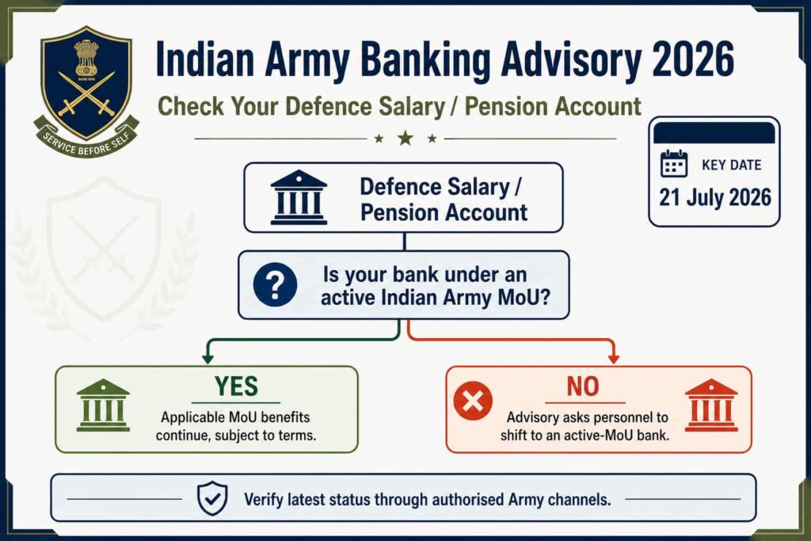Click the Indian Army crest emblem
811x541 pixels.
coord(86,90)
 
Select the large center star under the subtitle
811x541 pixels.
coord(405,138)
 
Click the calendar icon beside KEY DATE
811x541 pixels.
coord(674,164)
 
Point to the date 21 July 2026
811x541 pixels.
coord(715,197)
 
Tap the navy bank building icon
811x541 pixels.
coord(299,197)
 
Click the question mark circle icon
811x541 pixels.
coord(275,284)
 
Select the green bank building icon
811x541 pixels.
coord(103,405)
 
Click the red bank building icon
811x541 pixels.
coord(711,405)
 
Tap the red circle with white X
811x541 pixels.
coord(473,401)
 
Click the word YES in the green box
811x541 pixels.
coord(236,386)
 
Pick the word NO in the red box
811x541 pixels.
coord(583,387)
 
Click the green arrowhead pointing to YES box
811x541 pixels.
coord(208,359)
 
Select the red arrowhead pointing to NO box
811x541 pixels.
coord(614,359)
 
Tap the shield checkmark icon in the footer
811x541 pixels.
coord(212,498)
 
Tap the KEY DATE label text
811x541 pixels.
coord(731,165)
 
